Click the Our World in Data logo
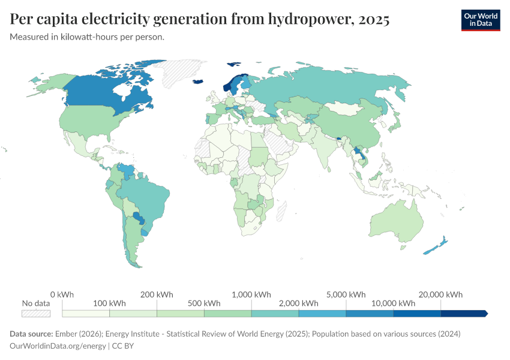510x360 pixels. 480,20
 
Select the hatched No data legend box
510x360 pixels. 36,313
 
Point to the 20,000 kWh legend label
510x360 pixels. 441,295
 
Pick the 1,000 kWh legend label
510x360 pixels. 251,295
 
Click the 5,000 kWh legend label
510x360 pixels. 346,295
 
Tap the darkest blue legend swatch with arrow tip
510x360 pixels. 464,313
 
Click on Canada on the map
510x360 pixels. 102,96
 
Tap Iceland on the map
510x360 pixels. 198,83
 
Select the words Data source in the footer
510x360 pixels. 31,334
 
